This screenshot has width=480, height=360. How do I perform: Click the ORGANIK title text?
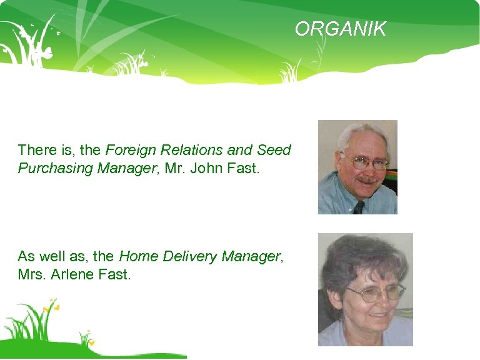tap(341, 29)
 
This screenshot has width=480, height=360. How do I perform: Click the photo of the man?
tap(357, 167)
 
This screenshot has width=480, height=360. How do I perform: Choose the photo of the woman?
tap(365, 289)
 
